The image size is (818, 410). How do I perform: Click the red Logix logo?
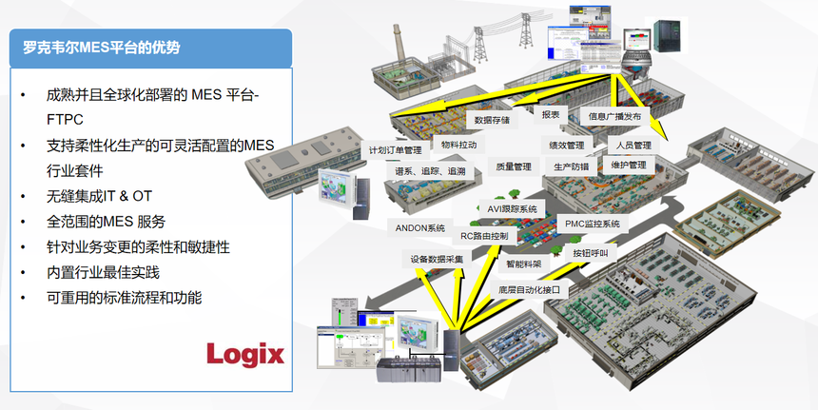(245, 355)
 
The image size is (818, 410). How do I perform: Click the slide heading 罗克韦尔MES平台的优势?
(101, 48)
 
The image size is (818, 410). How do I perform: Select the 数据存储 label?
(492, 120)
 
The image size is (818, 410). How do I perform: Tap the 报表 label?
(551, 115)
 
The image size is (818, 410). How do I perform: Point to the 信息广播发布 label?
(614, 116)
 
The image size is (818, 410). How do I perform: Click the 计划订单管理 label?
(395, 150)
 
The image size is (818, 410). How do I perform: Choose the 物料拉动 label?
(458, 145)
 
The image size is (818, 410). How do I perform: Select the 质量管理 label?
(514, 166)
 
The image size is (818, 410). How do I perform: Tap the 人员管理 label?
(633, 145)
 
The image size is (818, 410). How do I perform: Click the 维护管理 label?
(629, 165)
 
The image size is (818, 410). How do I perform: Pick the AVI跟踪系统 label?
(512, 208)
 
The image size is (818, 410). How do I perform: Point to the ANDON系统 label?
(420, 228)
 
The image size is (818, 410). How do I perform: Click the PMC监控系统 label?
(593, 224)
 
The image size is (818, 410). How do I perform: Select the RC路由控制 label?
(483, 236)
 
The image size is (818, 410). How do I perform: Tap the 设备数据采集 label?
(433, 259)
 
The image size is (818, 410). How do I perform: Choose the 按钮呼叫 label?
(591, 253)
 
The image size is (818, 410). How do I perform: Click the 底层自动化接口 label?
(529, 290)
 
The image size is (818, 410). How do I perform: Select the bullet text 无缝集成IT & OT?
(99, 196)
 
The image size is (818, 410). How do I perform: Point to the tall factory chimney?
(399, 44)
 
